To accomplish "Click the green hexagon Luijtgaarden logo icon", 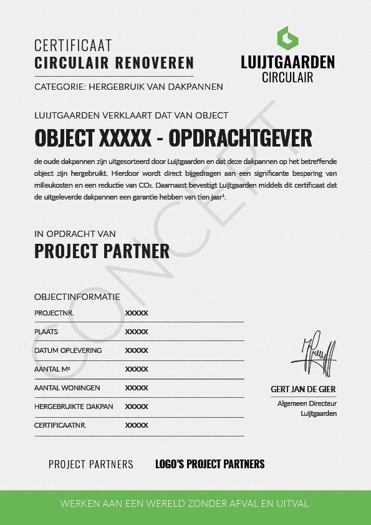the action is click(x=287, y=38).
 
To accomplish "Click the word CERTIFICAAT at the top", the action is click(x=73, y=46).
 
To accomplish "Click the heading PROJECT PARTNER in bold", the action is click(x=102, y=251).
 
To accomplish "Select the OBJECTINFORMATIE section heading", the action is click(x=77, y=297).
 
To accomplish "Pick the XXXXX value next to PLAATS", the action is click(x=137, y=332).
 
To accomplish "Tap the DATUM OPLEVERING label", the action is click(x=68, y=350).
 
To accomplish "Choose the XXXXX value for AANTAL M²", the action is click(x=137, y=369).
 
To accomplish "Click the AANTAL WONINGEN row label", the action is click(x=67, y=388).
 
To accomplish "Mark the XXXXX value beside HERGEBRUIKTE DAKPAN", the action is click(x=137, y=407).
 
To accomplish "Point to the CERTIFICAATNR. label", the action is click(x=60, y=425).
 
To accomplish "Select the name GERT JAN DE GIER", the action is click(x=303, y=389).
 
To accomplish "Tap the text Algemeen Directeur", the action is click(x=307, y=404).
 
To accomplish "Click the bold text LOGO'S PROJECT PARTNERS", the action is click(x=210, y=464).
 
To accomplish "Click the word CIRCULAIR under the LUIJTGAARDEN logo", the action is click(x=287, y=78).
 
